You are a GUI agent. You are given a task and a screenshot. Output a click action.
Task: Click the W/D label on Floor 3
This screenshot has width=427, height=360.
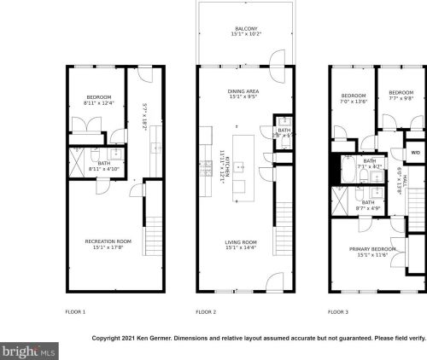(415, 153)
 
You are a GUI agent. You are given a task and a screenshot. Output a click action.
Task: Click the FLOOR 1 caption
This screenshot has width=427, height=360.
(75, 312)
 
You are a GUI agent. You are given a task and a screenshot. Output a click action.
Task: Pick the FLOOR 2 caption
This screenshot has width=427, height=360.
(206, 312)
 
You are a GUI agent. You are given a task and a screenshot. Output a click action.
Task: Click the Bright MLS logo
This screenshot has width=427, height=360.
(30, 350)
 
